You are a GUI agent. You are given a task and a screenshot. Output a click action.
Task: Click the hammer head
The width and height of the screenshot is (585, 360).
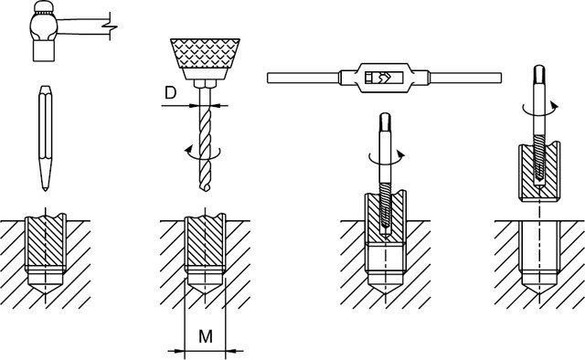point(44,32)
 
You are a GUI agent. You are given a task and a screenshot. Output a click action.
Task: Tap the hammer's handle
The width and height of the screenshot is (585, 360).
point(85,26)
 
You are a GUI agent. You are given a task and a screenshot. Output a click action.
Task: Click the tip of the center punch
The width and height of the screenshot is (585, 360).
point(45,189)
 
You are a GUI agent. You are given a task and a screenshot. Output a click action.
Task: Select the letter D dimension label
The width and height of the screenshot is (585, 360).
point(170,93)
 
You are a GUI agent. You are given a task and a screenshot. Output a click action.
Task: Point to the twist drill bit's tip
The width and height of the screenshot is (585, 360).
point(205,190)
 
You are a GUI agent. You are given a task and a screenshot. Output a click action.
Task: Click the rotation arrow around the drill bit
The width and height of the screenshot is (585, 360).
point(203,153)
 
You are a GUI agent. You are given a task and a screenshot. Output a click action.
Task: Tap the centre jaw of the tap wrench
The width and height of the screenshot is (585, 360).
point(384,78)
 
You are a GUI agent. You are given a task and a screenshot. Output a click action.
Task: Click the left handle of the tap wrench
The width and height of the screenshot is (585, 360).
point(303,78)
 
